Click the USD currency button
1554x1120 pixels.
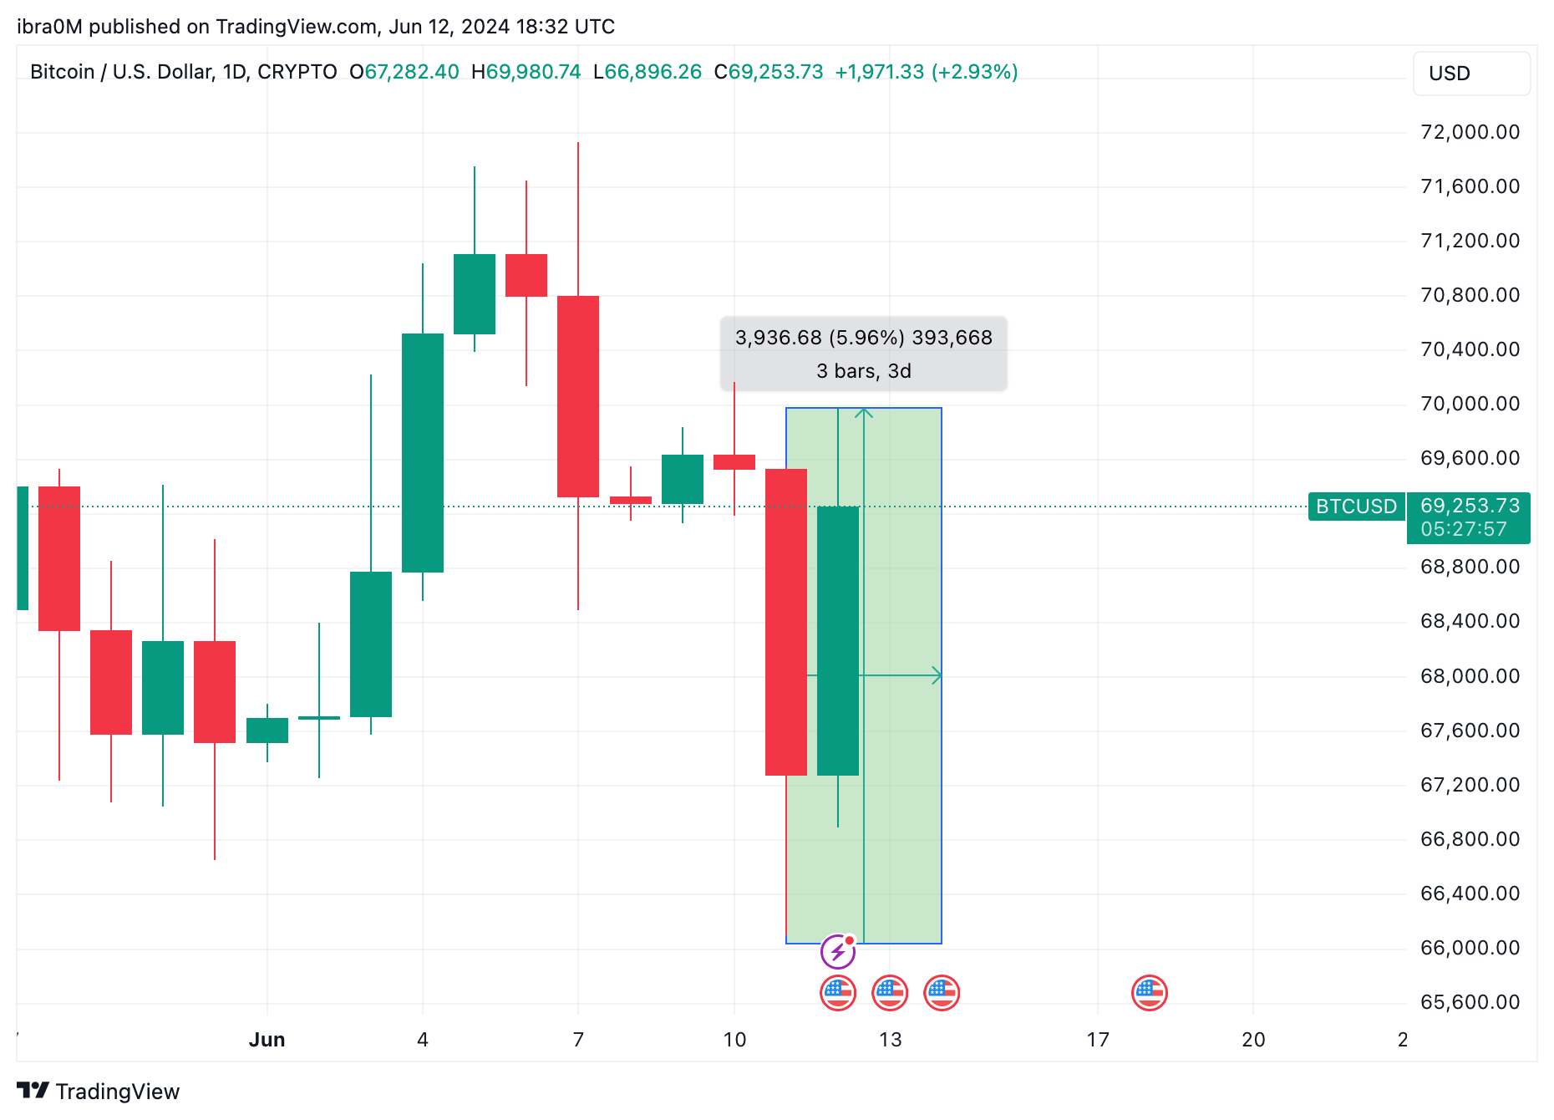pos(1470,74)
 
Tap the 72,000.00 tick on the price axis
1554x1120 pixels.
pos(1470,132)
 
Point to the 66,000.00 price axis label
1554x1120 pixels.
pos(1470,948)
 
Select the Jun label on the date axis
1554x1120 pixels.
pos(267,1040)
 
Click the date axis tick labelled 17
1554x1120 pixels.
pos(1098,1040)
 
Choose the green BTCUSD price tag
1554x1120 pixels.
pos(1356,507)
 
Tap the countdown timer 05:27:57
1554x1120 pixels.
pos(1464,530)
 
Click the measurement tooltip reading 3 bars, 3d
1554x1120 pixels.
pos(864,371)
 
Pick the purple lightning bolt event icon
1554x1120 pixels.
pos(838,951)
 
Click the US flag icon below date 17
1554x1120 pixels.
pos(1150,993)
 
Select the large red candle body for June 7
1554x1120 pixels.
pos(578,396)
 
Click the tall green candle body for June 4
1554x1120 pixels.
pos(423,452)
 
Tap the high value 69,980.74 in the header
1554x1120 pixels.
pos(533,72)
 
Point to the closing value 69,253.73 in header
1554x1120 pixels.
pos(776,72)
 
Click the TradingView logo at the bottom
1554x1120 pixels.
pos(99,1092)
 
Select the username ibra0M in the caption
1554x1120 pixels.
pos(49,27)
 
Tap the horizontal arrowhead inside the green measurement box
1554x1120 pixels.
pos(937,675)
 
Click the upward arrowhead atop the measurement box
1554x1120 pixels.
pos(864,413)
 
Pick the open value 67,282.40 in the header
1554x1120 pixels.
pos(412,72)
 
